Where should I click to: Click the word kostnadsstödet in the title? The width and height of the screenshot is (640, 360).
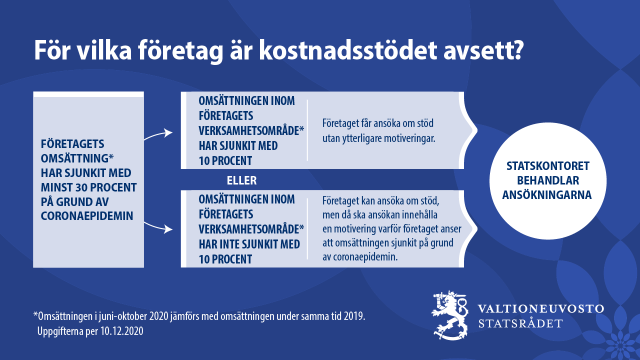click(348, 50)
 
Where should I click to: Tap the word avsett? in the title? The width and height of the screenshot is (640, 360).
click(483, 51)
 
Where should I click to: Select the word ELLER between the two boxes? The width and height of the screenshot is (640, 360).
click(241, 180)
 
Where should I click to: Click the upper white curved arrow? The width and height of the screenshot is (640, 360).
click(158, 134)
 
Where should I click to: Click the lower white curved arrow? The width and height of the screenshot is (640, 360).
click(158, 227)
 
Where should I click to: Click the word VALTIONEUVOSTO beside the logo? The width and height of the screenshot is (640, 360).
click(541, 308)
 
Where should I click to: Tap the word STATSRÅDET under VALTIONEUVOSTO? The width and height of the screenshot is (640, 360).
click(520, 323)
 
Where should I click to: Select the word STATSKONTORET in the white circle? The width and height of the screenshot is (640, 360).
click(547, 166)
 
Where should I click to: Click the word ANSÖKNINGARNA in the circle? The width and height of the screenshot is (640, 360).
click(547, 195)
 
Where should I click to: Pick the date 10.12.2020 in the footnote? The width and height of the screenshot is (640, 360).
click(122, 331)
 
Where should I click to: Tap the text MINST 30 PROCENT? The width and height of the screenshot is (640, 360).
click(89, 187)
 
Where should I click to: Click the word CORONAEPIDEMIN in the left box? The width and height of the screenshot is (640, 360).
click(87, 216)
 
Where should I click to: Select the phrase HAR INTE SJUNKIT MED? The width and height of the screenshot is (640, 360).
click(249, 244)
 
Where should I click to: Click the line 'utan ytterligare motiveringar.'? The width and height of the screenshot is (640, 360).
click(379, 138)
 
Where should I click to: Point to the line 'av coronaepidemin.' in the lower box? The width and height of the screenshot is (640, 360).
click(360, 256)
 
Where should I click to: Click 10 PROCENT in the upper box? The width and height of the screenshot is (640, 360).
click(225, 161)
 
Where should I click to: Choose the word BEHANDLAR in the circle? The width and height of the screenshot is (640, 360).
click(547, 180)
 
